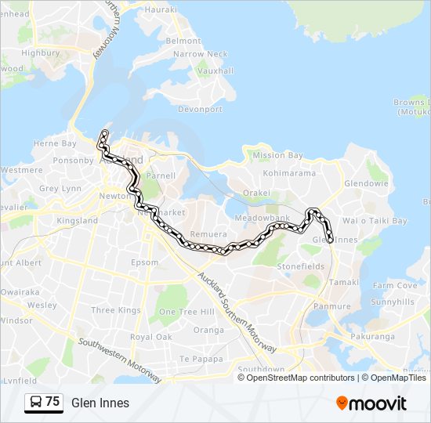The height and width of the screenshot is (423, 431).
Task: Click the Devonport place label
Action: click(201, 110)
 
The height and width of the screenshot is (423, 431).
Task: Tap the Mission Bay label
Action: click(277, 155)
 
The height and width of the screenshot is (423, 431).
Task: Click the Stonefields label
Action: click(300, 266)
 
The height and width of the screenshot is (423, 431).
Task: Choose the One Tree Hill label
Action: click(187, 312)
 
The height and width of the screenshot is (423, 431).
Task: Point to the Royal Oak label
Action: click(150, 337)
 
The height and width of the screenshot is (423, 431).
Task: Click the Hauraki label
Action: click(161, 10)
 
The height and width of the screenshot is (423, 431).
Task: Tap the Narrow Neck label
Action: click(200, 54)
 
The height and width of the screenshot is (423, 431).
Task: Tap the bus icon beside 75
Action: click(36, 402)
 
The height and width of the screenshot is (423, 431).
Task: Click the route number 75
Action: click(53, 402)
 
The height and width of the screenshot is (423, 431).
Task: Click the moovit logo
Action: click(371, 403)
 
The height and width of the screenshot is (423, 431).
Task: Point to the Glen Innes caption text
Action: click(100, 403)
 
